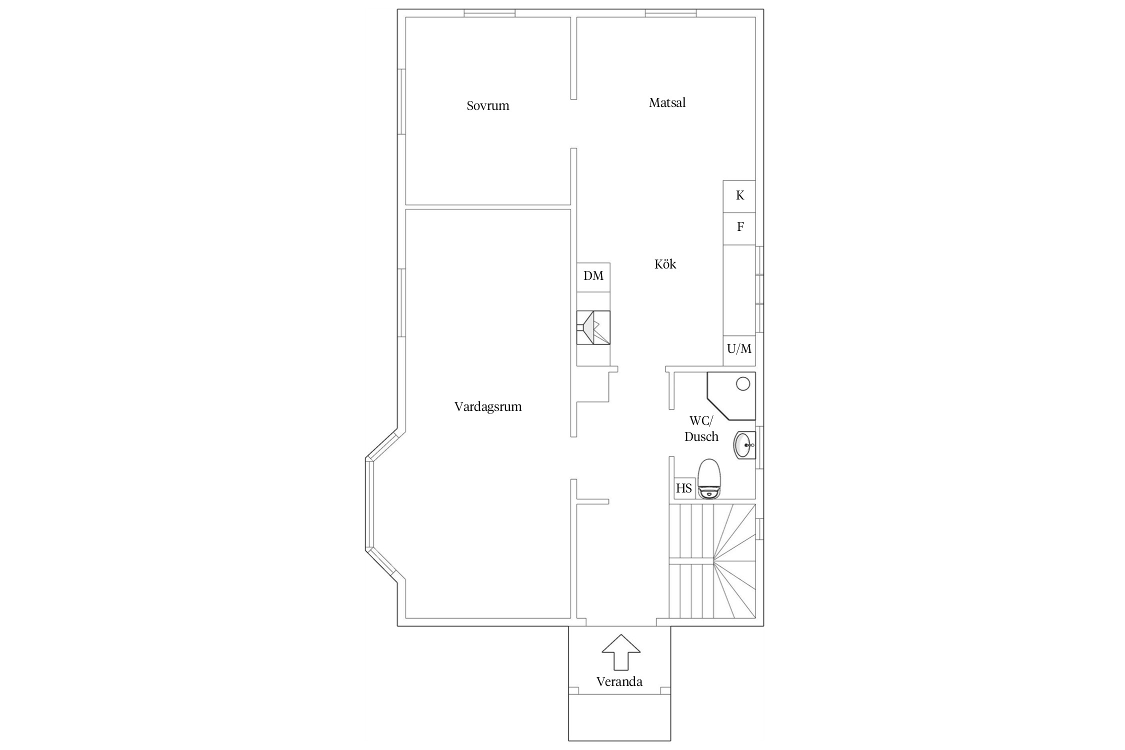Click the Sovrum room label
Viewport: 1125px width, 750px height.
click(x=487, y=105)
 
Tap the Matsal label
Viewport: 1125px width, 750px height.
click(x=667, y=102)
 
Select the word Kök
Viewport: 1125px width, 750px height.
click(x=665, y=264)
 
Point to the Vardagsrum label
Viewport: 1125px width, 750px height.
click(x=488, y=406)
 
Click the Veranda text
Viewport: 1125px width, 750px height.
click(x=619, y=681)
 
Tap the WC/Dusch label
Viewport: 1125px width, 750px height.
click(x=701, y=428)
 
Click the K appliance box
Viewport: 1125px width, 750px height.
click(x=739, y=196)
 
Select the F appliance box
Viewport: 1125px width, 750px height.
click(x=739, y=229)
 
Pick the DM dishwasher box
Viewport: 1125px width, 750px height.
click(x=593, y=277)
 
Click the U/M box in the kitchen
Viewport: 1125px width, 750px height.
click(x=739, y=350)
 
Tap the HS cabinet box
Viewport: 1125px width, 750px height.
click(x=684, y=488)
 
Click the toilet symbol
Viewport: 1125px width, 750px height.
click(x=709, y=479)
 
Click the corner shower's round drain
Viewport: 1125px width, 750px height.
click(x=743, y=384)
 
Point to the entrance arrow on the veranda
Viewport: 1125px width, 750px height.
click(x=621, y=652)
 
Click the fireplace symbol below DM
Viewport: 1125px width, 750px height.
click(x=593, y=327)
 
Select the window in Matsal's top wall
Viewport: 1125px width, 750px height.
click(x=670, y=13)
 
